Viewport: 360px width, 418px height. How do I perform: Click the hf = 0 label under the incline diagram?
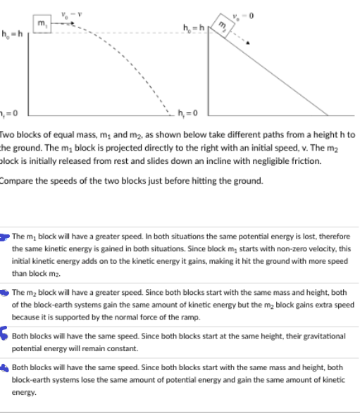click(x=192, y=115)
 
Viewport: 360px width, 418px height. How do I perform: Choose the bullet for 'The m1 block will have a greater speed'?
click(x=5, y=236)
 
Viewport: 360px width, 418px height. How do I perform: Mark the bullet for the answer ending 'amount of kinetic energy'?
click(x=6, y=367)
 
